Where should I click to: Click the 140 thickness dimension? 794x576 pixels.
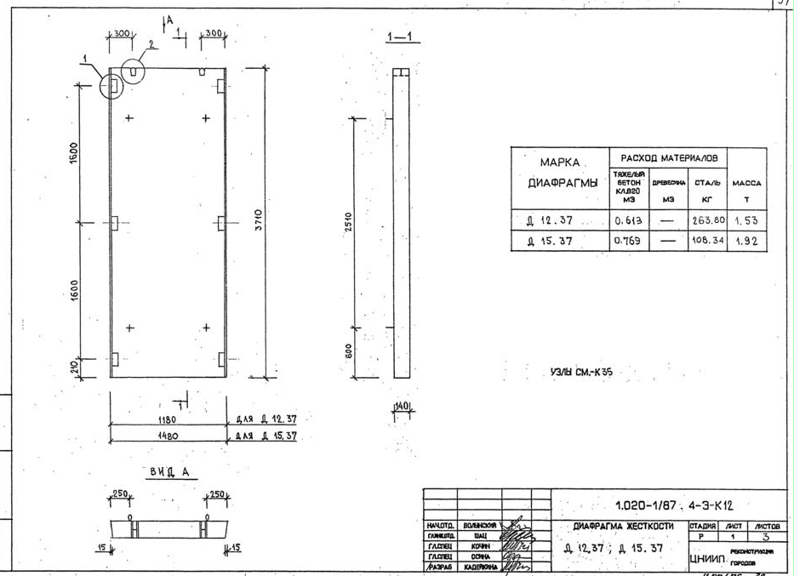coord(402,407)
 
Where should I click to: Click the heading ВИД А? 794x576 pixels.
coord(168,470)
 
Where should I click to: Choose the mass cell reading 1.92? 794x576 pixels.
coord(745,242)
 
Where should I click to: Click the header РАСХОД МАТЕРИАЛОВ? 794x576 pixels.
coord(668,158)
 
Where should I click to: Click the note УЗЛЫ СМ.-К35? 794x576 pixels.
coord(582,373)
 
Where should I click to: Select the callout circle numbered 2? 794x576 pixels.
coord(133,71)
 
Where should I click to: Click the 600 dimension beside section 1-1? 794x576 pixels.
coord(350,350)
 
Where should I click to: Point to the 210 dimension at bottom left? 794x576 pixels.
coord(73,368)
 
